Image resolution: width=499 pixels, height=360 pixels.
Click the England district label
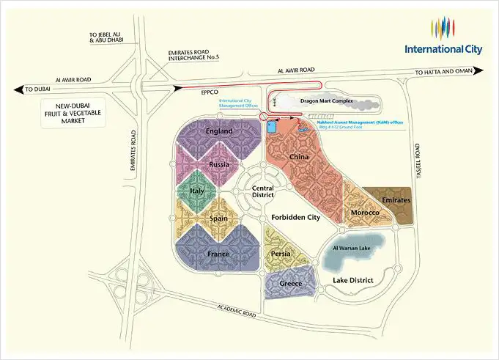pos(219,131)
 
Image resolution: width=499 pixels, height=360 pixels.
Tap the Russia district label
pos(219,165)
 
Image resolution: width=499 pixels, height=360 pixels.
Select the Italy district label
pos(196,191)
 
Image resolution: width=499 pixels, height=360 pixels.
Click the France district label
pos(218,254)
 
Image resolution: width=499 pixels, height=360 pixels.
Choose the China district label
pos(298,157)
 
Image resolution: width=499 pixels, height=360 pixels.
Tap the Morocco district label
pos(364,213)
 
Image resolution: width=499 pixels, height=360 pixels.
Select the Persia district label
pos(281,254)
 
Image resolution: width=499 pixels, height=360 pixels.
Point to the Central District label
pos(257,191)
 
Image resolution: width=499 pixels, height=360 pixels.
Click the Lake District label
pos(353,280)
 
